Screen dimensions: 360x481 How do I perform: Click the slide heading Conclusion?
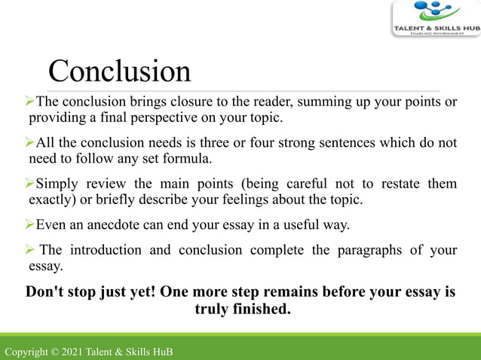point(119,72)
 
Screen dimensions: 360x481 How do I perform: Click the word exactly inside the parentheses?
point(50,200)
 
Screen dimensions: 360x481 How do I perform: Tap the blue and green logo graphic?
point(433,11)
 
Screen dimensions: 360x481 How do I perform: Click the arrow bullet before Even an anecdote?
point(30,224)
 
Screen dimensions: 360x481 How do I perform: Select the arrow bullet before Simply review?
point(30,183)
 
